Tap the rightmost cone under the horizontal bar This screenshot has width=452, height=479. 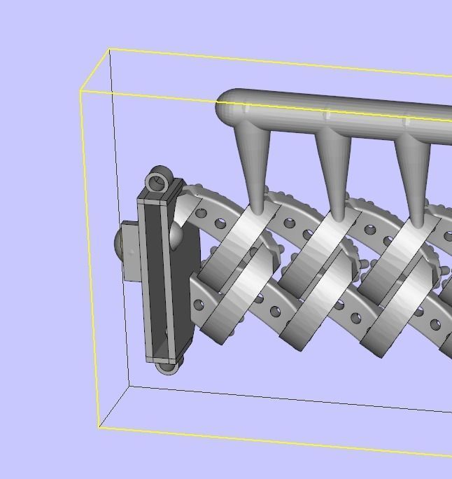click(415, 172)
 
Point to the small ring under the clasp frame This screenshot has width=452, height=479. click(167, 366)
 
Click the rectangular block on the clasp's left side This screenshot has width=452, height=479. click(131, 251)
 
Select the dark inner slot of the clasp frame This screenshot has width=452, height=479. click(155, 280)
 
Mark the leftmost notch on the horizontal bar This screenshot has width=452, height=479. click(247, 109)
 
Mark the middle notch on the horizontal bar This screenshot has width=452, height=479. click(327, 113)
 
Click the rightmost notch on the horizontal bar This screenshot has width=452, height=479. click(407, 120)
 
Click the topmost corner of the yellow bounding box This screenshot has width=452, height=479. click(110, 50)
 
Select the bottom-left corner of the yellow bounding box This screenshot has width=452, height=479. click(99, 427)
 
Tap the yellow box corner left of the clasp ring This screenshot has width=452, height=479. click(81, 91)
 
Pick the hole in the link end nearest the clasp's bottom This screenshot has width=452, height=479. click(199, 305)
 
